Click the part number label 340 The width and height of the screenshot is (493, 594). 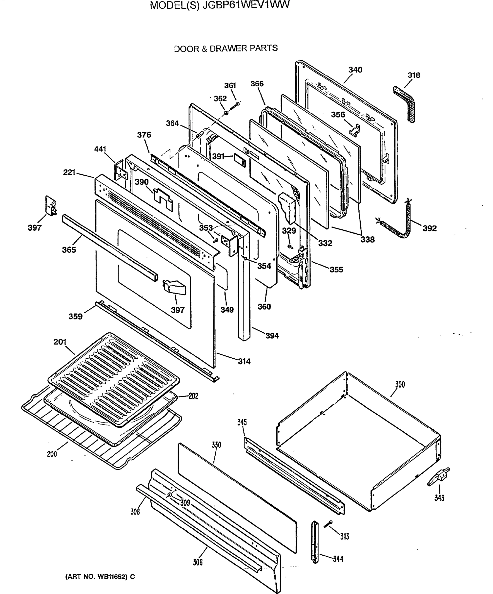(355, 70)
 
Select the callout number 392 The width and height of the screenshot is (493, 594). (430, 228)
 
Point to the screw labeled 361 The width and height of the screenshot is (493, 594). (235, 107)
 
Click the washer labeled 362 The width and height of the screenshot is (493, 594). (226, 113)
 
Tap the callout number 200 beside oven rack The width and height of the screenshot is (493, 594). (52, 454)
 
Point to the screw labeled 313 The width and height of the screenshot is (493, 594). (328, 524)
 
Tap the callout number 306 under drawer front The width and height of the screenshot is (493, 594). (198, 562)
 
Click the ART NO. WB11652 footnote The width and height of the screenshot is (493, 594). (100, 577)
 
